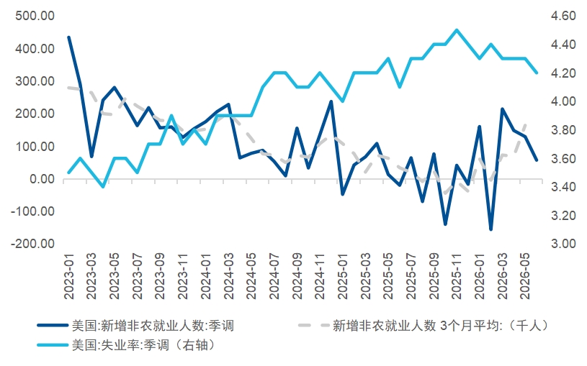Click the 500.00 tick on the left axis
click(x=35, y=16)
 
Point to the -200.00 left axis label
click(x=33, y=244)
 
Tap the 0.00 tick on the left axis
click(x=42, y=179)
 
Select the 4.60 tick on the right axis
click(x=563, y=16)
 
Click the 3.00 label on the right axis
click(x=563, y=244)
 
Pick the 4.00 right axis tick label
click(x=563, y=101)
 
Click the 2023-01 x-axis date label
click(x=70, y=276)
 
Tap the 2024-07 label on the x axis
click(x=275, y=276)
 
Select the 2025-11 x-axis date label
click(x=457, y=276)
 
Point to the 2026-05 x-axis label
click(x=526, y=276)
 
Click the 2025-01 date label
click(x=344, y=276)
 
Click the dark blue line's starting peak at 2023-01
click(x=69, y=37)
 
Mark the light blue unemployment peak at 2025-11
click(x=457, y=30)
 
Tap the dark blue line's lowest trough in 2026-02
click(x=490, y=229)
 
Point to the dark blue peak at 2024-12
click(x=331, y=101)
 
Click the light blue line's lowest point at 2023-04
click(x=103, y=186)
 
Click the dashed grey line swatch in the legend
click(x=314, y=325)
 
